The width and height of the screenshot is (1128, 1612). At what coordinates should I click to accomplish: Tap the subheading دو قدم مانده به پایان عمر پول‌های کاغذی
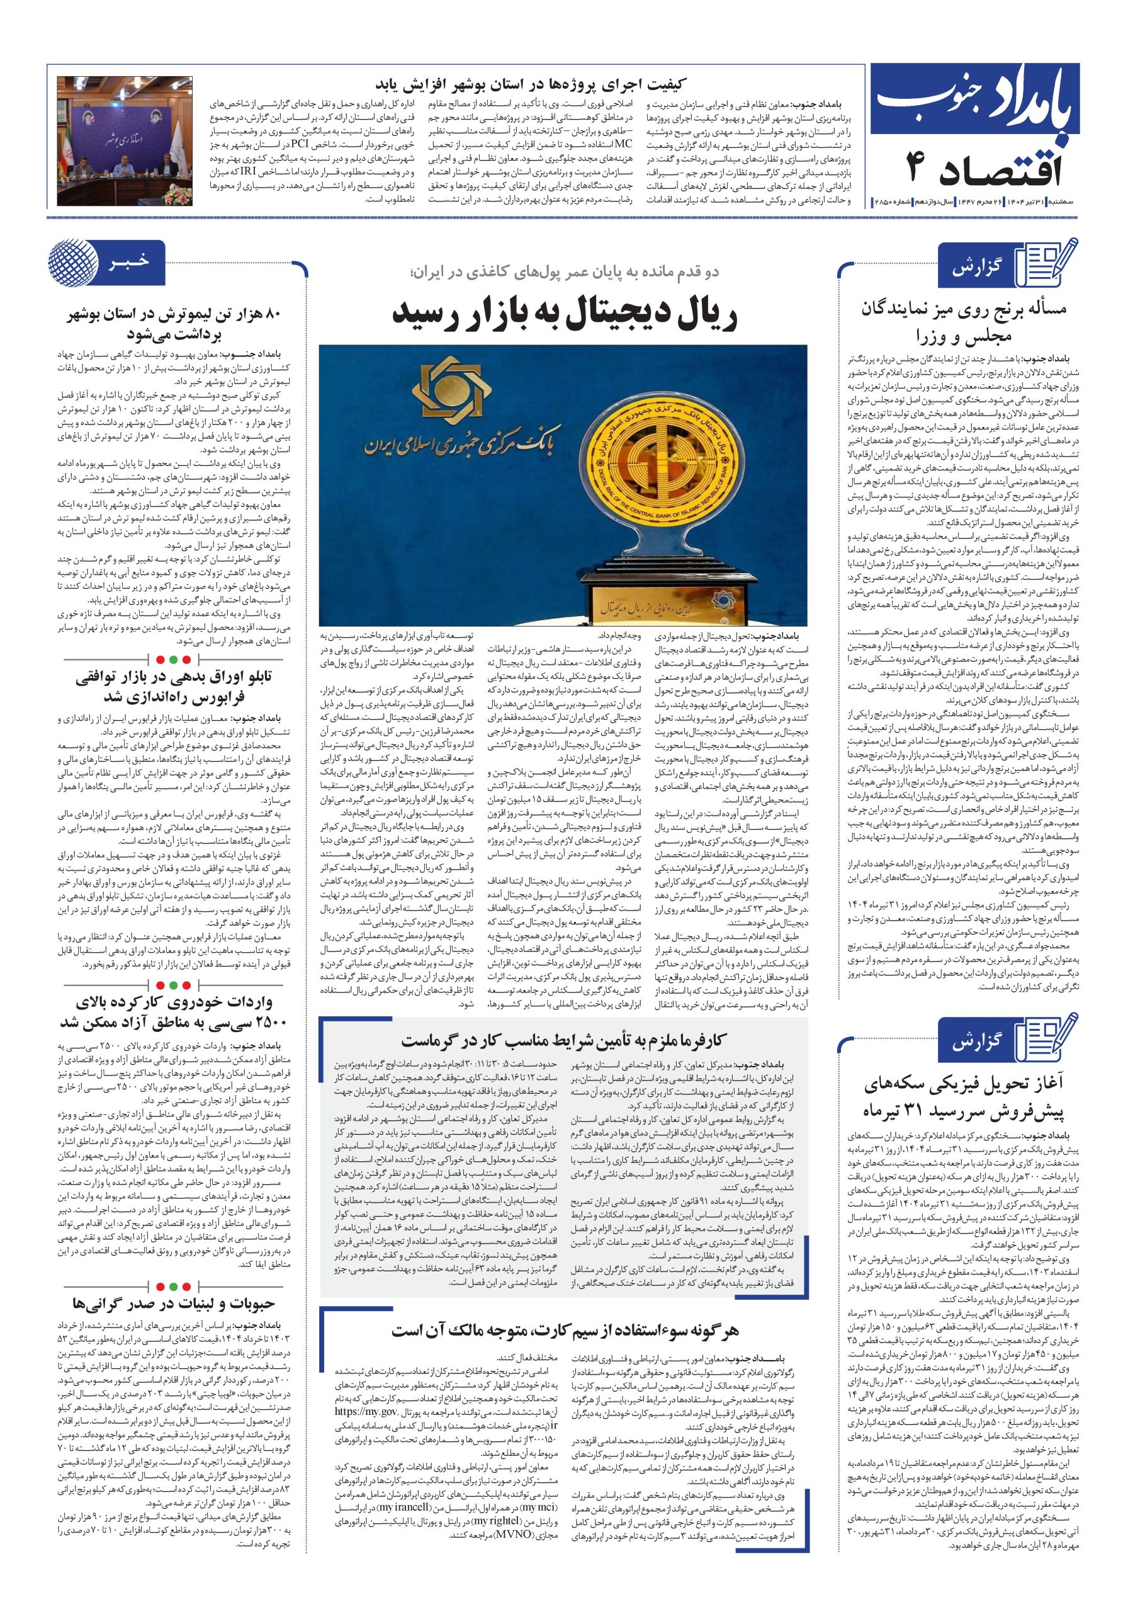(563, 273)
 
